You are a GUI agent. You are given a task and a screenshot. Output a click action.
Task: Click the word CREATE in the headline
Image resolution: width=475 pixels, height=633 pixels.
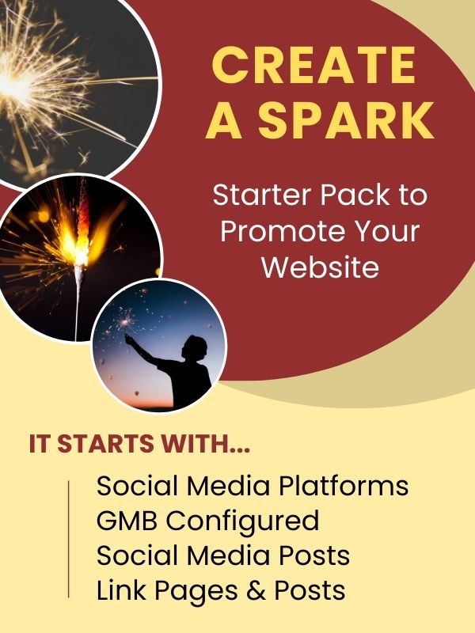pyautogui.click(x=313, y=65)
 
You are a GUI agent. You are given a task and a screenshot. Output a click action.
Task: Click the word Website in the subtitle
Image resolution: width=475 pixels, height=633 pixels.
pyautogui.click(x=321, y=267)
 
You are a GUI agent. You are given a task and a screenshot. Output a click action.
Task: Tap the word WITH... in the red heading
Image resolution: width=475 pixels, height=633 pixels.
pyautogui.click(x=205, y=444)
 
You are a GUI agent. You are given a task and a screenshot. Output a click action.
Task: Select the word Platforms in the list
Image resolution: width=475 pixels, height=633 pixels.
pyautogui.click(x=344, y=485)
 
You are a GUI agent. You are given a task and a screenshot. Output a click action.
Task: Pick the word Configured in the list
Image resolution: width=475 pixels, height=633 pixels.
pyautogui.click(x=243, y=521)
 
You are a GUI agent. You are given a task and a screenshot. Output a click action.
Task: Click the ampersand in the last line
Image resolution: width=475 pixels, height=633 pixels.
pyautogui.click(x=256, y=590)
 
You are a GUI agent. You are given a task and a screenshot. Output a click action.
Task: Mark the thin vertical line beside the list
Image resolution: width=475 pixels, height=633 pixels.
pyautogui.click(x=69, y=539)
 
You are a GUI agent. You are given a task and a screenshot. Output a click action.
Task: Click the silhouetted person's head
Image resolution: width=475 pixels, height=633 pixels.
pyautogui.click(x=195, y=347)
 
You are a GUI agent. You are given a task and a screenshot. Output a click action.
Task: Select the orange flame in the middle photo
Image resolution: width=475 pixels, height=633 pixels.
pyautogui.click(x=82, y=226)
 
